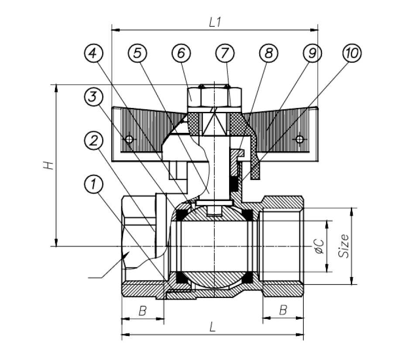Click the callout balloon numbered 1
(x=94, y=184)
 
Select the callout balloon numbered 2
(x=94, y=141)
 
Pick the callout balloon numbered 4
(x=94, y=53)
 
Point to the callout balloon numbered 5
(x=137, y=53)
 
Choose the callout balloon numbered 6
(x=181, y=53)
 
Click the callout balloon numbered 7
(x=224, y=53)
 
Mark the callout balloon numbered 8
(x=268, y=53)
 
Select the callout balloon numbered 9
(x=312, y=53)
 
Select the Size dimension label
(x=345, y=246)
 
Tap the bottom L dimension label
(x=213, y=327)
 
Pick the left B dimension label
(x=142, y=311)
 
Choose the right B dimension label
(x=283, y=311)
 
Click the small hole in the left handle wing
(x=129, y=140)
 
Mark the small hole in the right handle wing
(x=299, y=139)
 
